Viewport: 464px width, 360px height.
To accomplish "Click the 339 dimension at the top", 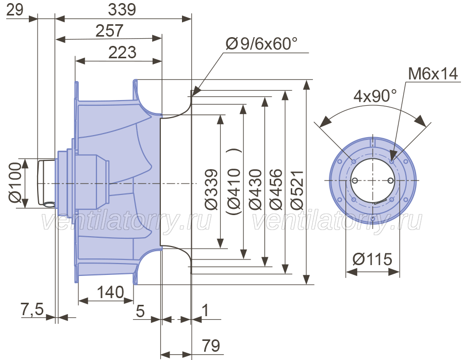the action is point(122,9).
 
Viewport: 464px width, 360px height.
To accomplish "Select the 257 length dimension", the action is point(109,30).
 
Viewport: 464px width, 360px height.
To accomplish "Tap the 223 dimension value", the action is point(122,53).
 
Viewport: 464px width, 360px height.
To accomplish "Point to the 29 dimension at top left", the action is point(14,10).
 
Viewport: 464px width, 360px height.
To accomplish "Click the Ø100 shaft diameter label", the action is point(15,183).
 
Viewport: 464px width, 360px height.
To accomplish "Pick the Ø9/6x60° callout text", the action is point(261,43).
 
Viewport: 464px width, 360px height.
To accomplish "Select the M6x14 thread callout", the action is point(433,73).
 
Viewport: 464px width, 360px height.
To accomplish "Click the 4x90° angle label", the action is point(375,95).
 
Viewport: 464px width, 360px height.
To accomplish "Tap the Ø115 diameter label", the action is point(372,259).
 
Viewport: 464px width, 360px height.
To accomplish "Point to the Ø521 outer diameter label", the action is point(297,190).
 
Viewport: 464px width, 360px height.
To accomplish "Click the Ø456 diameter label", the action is point(276,190).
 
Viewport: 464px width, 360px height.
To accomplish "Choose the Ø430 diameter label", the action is point(255,190).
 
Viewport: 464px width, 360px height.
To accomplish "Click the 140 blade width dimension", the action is point(110,292).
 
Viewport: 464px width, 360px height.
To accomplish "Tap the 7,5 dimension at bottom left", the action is point(32,309).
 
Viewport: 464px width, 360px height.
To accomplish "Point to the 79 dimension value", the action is point(211,346).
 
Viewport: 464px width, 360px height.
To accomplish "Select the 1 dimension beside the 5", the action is point(205,310).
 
